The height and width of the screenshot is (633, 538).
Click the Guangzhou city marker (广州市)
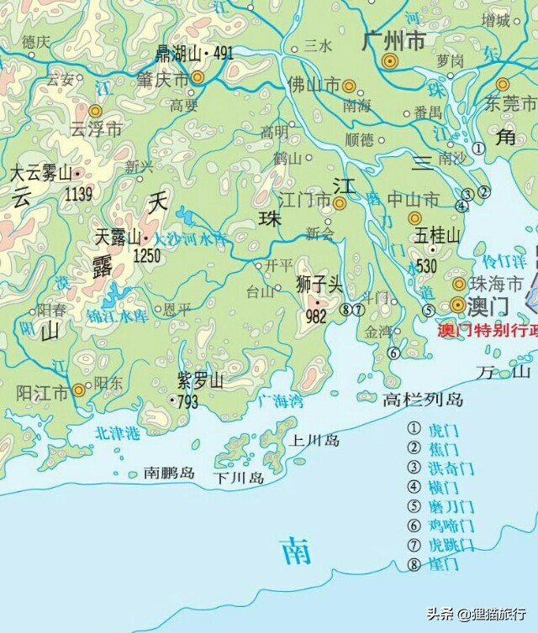click(389, 61)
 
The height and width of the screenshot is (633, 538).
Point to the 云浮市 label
click(96, 129)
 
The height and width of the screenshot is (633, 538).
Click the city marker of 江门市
click(340, 202)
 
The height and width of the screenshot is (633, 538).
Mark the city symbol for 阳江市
click(78, 389)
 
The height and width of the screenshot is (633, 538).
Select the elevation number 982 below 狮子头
click(317, 316)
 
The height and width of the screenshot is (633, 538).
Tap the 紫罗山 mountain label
click(201, 382)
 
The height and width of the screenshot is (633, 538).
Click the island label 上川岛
click(314, 440)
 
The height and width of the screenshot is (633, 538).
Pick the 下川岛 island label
click(239, 479)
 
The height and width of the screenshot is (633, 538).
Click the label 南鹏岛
click(169, 473)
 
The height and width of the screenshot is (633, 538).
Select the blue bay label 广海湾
click(280, 401)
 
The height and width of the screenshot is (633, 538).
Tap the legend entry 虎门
click(443, 429)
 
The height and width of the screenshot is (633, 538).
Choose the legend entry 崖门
click(443, 565)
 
